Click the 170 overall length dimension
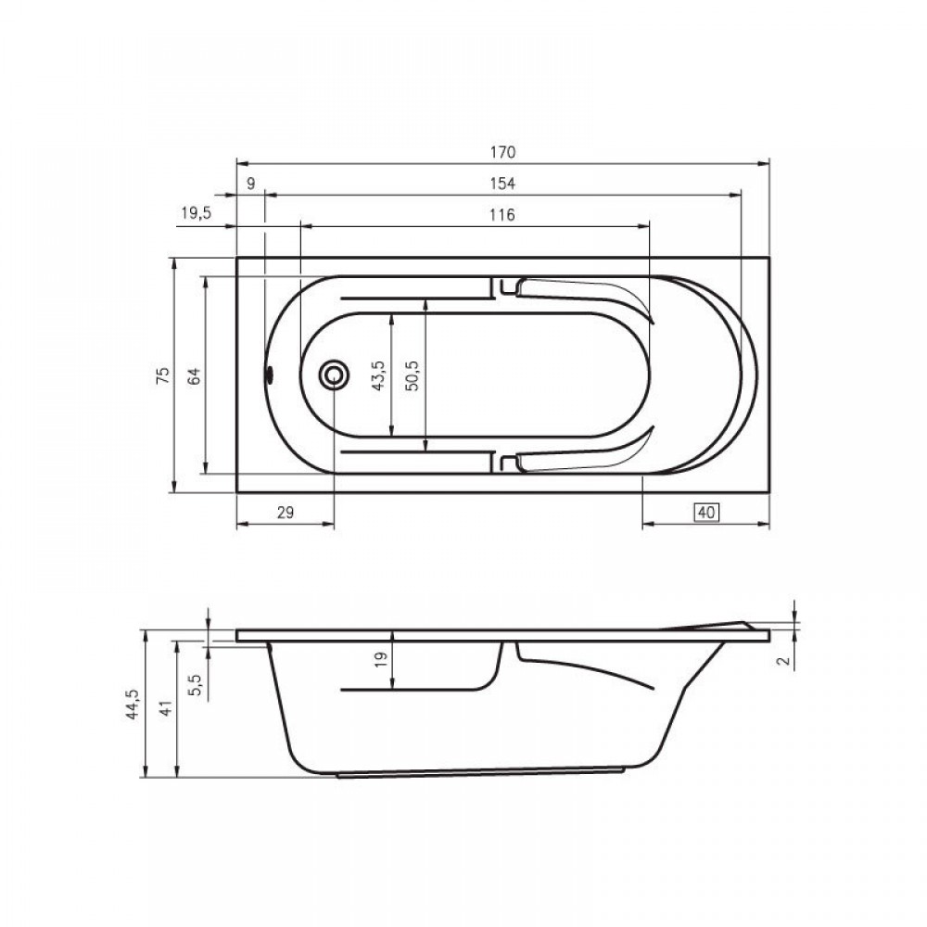point(502,153)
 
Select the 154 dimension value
point(502,184)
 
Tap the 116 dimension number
point(502,215)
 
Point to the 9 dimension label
point(250,184)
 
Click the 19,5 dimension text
point(196,213)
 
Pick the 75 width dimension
point(163,375)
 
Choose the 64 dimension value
point(195,376)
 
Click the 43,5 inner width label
point(379,375)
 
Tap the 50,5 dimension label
point(413,375)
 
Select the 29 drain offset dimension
point(286,513)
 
